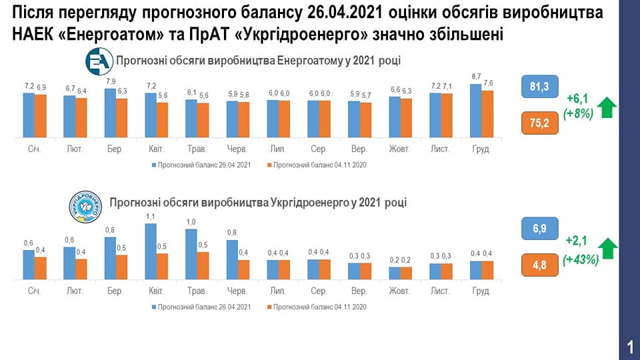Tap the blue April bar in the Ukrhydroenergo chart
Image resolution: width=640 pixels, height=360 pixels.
[151, 251]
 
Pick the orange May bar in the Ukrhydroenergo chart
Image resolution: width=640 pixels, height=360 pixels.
[203, 265]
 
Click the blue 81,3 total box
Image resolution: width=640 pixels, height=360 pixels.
[540, 87]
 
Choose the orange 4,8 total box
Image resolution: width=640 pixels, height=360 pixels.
[540, 265]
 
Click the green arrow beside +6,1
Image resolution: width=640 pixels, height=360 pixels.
[607, 107]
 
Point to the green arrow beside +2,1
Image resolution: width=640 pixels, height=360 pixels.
[607, 249]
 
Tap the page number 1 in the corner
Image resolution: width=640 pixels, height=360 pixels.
[629, 347]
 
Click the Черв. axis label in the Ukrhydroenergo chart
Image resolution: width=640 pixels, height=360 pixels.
[237, 291]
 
